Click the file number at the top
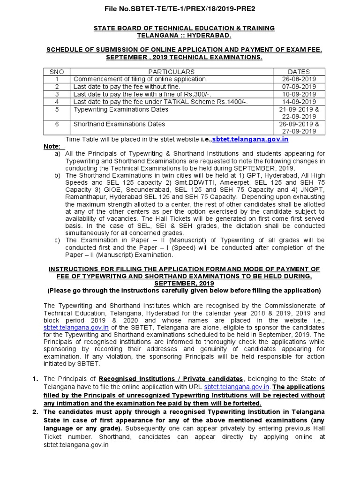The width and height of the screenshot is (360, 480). click(x=180, y=8)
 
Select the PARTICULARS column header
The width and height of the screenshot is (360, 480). click(x=171, y=72)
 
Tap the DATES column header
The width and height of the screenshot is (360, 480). click(x=299, y=72)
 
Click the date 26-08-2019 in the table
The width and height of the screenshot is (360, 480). click(x=299, y=79)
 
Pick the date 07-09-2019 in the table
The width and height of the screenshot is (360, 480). click(x=299, y=87)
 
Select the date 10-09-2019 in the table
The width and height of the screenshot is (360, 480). click(x=299, y=94)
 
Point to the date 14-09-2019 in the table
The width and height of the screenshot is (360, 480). click(x=299, y=102)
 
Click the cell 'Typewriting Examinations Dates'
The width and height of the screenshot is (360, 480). click(x=121, y=109)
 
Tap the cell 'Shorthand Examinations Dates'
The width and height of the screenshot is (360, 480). click(x=120, y=124)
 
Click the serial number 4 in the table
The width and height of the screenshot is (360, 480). click(x=57, y=102)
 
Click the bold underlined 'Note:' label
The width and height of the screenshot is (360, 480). click(x=52, y=146)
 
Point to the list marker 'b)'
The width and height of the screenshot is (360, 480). click(x=58, y=176)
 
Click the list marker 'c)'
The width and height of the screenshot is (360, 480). click(x=58, y=240)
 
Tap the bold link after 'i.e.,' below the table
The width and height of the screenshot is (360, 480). click(x=250, y=139)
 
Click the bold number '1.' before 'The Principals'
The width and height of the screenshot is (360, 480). click(x=35, y=378)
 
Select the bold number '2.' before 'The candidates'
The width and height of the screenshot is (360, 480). click(x=35, y=412)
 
